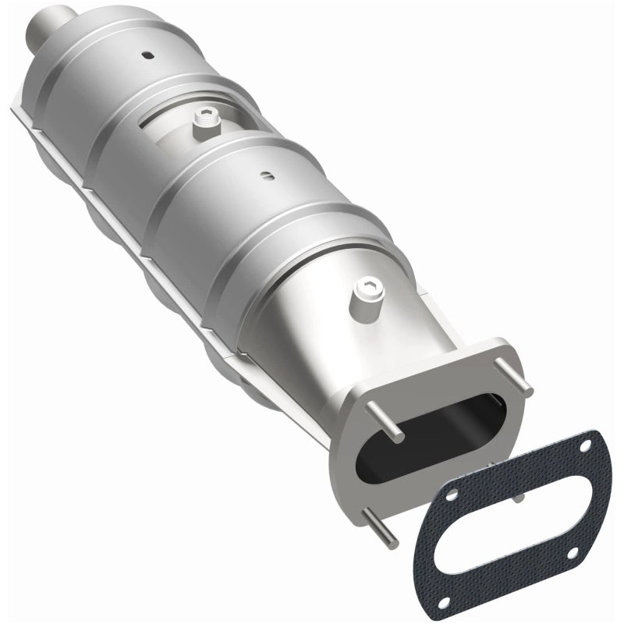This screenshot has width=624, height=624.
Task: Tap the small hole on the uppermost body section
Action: click(146, 55)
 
